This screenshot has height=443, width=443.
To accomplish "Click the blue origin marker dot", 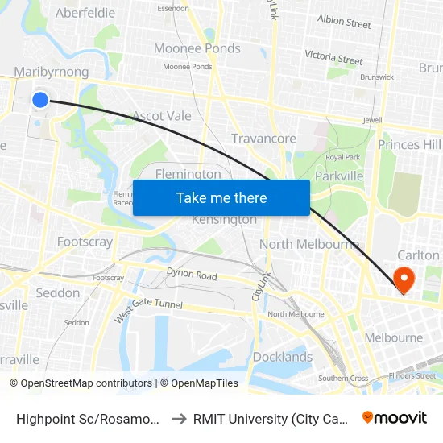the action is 39,100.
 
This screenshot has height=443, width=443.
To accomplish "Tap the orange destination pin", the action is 402,279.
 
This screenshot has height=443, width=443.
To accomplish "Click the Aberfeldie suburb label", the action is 85,13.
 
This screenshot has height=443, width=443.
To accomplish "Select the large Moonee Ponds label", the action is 197,48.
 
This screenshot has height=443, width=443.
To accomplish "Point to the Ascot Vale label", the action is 162,116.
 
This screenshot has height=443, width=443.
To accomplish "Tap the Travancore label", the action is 263,139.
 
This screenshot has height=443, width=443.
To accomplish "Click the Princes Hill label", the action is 409,144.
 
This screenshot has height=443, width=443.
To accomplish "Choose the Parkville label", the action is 340,176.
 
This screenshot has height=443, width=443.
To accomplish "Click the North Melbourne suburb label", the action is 308,244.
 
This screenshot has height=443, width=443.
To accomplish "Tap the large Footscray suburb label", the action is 85,241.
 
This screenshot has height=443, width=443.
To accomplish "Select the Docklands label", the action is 282,357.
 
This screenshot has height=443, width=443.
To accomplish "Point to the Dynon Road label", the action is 192,275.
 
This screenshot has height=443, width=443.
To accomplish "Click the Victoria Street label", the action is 333,57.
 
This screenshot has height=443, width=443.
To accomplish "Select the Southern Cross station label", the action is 343,378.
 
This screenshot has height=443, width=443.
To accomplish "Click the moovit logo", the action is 395,418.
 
